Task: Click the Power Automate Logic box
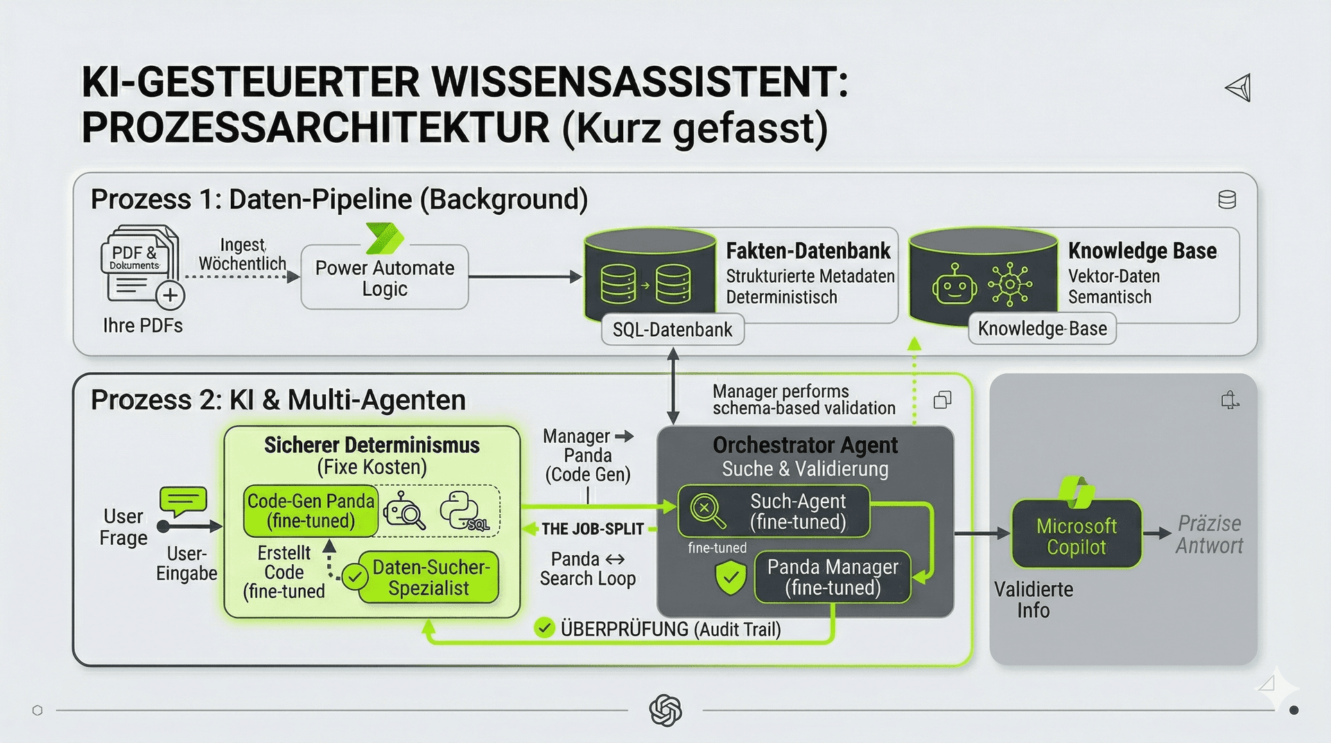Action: [385, 277]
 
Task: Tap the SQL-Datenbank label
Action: [672, 329]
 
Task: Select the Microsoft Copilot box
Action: [1077, 534]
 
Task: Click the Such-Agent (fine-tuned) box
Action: [774, 512]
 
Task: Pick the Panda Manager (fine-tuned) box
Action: [832, 577]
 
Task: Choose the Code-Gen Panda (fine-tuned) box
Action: [311, 512]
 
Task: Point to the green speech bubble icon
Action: [183, 500]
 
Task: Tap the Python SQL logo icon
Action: [463, 512]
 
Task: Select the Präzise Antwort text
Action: [1210, 534]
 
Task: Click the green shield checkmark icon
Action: [731, 578]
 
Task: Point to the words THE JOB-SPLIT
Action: [593, 529]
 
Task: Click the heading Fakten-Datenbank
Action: [808, 250]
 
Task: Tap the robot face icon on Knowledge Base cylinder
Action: [955, 283]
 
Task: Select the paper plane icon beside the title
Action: [1238, 88]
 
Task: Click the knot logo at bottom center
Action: [665, 710]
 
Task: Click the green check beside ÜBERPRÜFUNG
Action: [545, 629]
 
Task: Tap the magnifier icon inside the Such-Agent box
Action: [706, 511]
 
